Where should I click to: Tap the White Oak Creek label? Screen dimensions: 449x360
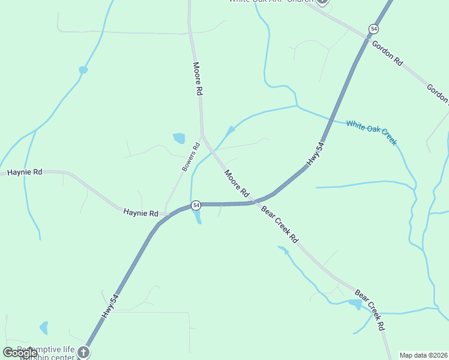(x=372, y=132)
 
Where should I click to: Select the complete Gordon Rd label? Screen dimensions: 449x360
(x=387, y=53)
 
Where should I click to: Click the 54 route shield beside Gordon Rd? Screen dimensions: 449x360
(x=373, y=29)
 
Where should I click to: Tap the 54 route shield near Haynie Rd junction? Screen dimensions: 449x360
(x=196, y=205)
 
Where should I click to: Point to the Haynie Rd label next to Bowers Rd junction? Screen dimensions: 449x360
(x=141, y=213)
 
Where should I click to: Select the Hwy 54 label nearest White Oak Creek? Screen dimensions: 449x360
(x=316, y=154)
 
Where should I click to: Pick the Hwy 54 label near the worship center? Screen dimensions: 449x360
(x=110, y=306)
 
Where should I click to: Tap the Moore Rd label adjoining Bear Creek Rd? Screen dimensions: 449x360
(x=237, y=184)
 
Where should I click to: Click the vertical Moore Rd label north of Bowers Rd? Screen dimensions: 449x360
(x=197, y=79)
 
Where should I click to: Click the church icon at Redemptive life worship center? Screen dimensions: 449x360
(x=83, y=353)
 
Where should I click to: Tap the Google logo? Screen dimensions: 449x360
(x=20, y=353)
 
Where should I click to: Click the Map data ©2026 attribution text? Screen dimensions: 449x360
(x=423, y=355)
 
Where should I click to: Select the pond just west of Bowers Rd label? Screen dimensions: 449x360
(x=179, y=139)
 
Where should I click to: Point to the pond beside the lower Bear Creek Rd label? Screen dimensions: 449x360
(x=355, y=304)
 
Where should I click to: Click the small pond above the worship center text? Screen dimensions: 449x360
(x=43, y=328)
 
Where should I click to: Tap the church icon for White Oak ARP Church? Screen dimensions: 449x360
(x=322, y=1)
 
